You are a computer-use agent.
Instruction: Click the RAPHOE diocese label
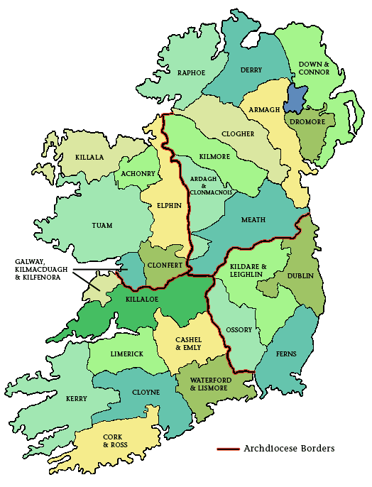(191, 72)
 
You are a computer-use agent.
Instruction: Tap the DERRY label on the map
(251, 70)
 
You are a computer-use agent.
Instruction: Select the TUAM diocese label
(102, 226)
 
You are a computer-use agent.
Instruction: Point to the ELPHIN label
(165, 206)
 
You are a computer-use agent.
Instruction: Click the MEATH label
(253, 219)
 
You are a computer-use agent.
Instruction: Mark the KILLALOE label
(141, 301)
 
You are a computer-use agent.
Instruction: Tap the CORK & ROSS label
(114, 440)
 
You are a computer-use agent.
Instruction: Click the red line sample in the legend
(227, 449)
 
